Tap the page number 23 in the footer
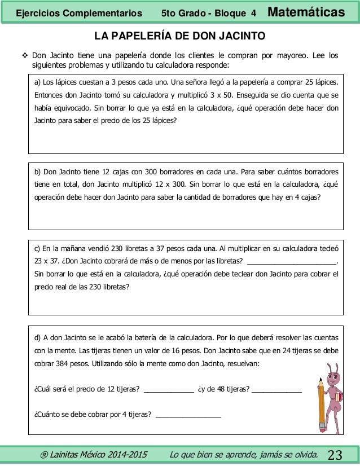335,455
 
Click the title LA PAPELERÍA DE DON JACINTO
179,37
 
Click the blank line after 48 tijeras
276,390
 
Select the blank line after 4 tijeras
188,417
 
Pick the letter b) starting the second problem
38,172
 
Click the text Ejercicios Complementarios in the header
79,12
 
